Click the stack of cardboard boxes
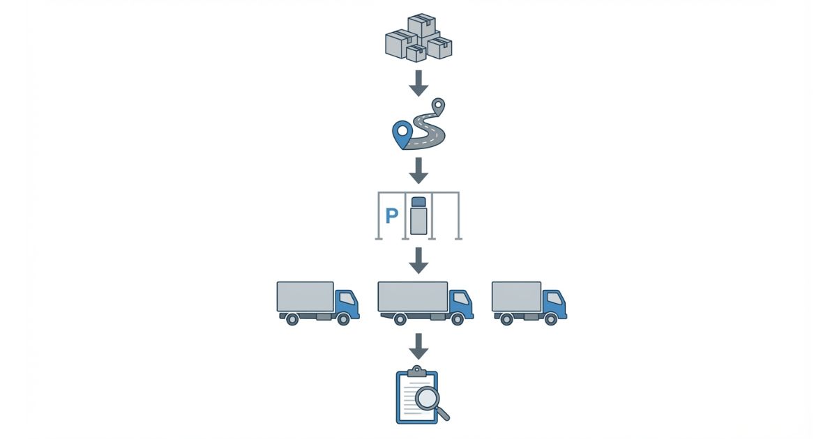(x=418, y=38)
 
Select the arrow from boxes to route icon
(x=418, y=82)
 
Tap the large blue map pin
(x=401, y=133)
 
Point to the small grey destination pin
(x=438, y=106)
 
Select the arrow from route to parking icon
(x=418, y=171)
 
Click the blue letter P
(x=391, y=216)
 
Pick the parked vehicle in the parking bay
(x=418, y=216)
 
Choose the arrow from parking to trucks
(x=418, y=260)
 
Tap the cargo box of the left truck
(x=305, y=296)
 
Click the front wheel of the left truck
(x=343, y=318)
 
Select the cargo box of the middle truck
(x=412, y=296)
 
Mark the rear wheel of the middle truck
(x=400, y=319)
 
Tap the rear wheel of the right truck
(x=507, y=319)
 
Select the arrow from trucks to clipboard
(x=418, y=346)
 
